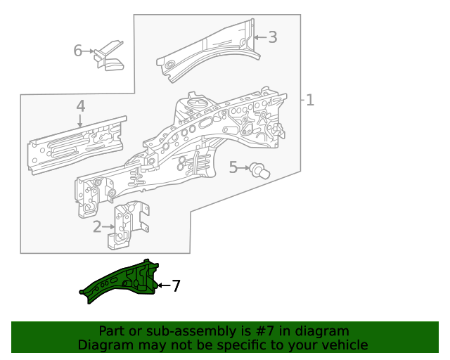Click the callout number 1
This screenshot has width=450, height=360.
(x=309, y=101)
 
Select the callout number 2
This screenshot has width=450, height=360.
(x=97, y=226)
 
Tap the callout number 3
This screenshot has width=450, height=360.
(x=273, y=37)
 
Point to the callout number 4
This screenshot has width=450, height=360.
(x=81, y=105)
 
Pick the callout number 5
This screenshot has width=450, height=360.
(x=233, y=167)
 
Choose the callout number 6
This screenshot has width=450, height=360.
(x=79, y=51)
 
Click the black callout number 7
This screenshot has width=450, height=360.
(x=176, y=285)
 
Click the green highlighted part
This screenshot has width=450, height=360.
(x=123, y=281)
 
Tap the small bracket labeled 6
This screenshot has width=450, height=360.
(x=111, y=56)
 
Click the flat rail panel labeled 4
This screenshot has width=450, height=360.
(x=77, y=144)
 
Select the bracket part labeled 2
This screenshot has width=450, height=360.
(x=130, y=224)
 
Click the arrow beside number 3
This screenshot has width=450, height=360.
(x=259, y=37)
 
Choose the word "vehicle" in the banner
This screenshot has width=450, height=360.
(x=344, y=345)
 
